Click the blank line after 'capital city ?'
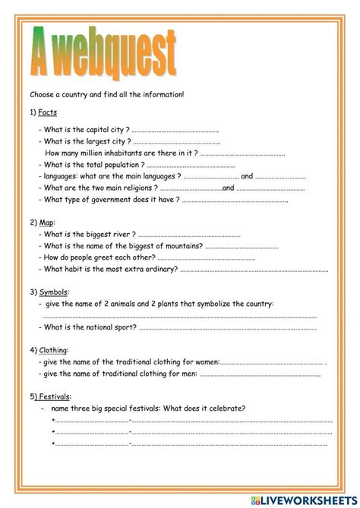click(175, 130)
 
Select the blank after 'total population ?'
click(190, 165)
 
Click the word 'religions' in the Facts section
click(141, 188)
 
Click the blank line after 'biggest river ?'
click(189, 235)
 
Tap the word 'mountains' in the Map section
click(184, 246)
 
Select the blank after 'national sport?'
click(227, 327)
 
